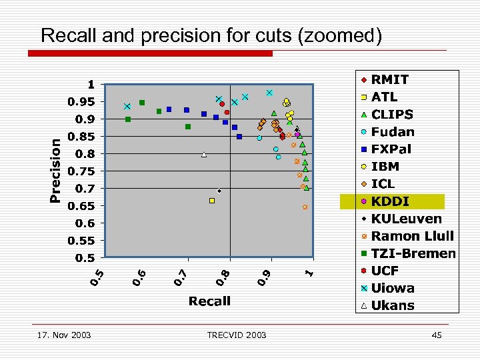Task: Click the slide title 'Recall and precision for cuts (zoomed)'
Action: pyautogui.click(x=211, y=35)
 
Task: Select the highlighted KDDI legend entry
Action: pyautogui.click(x=391, y=201)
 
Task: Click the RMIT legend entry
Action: pyautogui.click(x=390, y=79)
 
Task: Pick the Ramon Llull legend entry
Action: pyautogui.click(x=412, y=236)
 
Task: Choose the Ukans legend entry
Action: pyautogui.click(x=393, y=305)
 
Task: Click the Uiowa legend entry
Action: pyautogui.click(x=393, y=288)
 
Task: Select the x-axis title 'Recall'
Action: pyautogui.click(x=209, y=301)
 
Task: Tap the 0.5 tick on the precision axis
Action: pyautogui.click(x=85, y=258)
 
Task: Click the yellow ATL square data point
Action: pyautogui.click(x=212, y=201)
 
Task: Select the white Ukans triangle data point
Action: pyautogui.click(x=204, y=155)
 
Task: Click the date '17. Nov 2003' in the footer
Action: pyautogui.click(x=65, y=335)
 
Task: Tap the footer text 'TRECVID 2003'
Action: pyautogui.click(x=236, y=335)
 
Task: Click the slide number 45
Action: pyautogui.click(x=437, y=335)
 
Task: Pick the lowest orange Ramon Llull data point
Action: pyautogui.click(x=305, y=207)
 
